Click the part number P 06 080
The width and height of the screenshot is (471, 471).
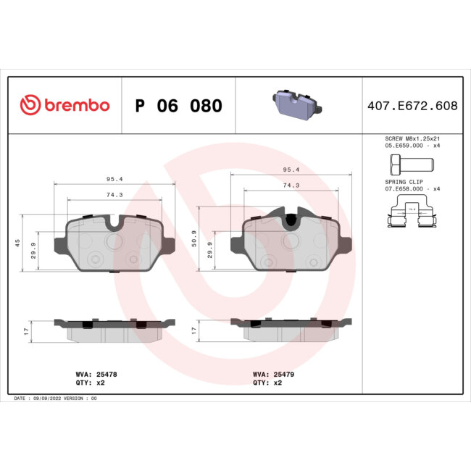(x=178, y=106)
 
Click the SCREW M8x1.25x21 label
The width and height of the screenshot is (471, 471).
(x=412, y=138)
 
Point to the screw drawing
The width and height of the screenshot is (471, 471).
(x=411, y=162)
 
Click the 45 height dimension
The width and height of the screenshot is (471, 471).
(x=17, y=243)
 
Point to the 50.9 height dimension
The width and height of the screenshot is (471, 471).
(x=193, y=238)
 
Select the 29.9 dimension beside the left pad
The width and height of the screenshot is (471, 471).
(x=33, y=251)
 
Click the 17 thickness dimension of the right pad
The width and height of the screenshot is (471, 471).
(x=193, y=330)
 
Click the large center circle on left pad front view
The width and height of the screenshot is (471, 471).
(x=115, y=240)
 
